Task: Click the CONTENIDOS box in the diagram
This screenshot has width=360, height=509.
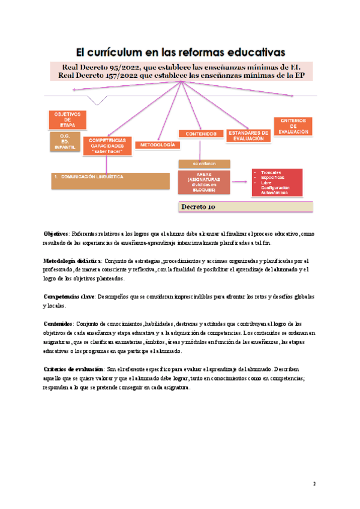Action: (x=201, y=134)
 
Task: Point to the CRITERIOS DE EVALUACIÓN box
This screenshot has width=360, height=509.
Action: (x=293, y=125)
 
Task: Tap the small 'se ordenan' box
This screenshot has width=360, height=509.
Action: (x=203, y=163)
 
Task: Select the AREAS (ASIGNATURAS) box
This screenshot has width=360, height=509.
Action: (x=204, y=183)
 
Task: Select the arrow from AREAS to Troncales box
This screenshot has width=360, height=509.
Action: (x=241, y=179)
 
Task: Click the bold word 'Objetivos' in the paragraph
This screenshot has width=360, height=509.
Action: (x=56, y=233)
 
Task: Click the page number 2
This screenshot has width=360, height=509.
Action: (x=314, y=484)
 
